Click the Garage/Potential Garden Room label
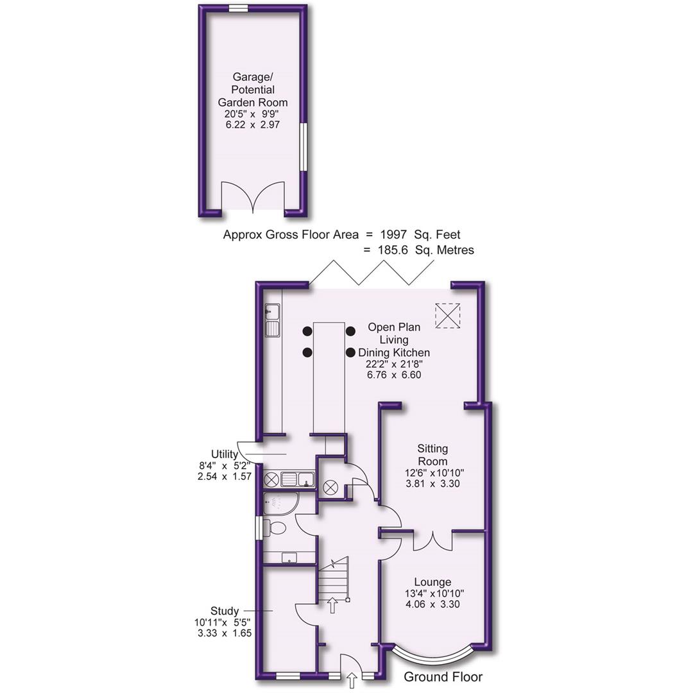pos(252,90)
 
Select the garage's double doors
pos(252,198)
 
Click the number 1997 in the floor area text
pos(394,235)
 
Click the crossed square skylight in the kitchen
pos(448,315)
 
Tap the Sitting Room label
pos(432,455)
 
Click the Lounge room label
pos(432,582)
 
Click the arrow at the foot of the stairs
pos(332,605)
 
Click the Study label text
pos(225,611)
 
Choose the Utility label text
pos(224,454)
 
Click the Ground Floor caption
pos(443,677)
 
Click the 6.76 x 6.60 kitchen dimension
pos(394,375)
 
